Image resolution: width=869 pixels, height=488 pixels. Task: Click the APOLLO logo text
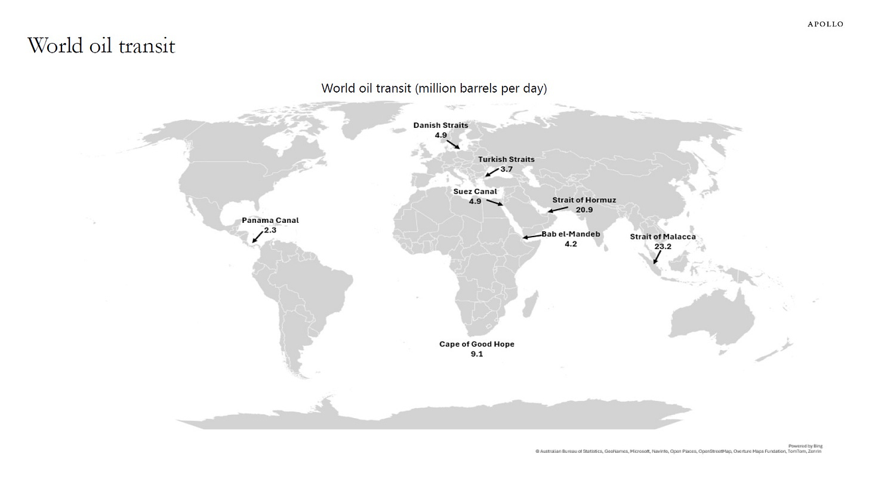825,24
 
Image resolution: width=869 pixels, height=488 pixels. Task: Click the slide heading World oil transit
101,46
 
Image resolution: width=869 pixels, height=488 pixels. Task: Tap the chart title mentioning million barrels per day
434,88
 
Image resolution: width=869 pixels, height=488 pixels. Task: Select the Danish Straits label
440,125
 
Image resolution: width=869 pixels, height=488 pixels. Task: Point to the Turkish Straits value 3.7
506,169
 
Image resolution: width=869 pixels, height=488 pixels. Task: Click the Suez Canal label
474,192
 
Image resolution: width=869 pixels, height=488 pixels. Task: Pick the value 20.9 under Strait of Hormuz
584,210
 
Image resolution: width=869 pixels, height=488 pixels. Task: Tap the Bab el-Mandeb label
571,234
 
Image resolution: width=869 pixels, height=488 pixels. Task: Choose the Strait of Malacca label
662,237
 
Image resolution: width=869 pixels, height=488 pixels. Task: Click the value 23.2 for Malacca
662,247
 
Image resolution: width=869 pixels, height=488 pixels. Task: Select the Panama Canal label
270,220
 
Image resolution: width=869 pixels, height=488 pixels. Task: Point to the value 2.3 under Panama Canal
270,230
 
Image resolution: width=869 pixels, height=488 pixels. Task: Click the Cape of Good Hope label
476,344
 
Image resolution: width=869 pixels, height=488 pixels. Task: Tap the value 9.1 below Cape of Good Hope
476,354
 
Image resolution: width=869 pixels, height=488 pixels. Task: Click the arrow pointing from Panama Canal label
257,237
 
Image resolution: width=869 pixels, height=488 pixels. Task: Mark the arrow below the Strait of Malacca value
657,257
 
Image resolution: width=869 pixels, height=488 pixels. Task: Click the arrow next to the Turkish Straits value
491,173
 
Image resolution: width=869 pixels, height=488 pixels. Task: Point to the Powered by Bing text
805,446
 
